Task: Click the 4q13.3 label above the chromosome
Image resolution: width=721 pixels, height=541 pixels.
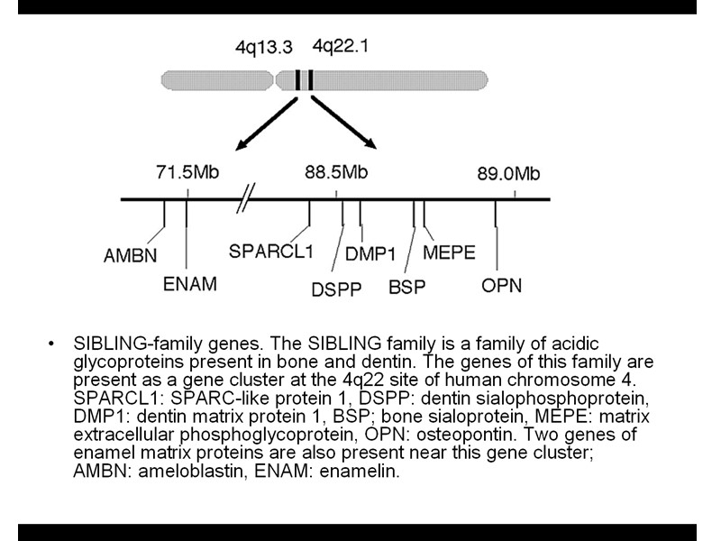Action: (x=263, y=45)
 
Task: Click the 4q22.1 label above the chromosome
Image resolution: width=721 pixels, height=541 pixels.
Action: (x=340, y=45)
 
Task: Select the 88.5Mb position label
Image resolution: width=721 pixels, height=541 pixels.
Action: (x=336, y=173)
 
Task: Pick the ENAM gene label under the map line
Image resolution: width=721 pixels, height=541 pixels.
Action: (x=190, y=285)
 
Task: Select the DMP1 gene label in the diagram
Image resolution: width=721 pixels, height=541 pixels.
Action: (x=370, y=255)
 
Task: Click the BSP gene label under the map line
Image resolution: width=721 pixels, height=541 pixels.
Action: (x=406, y=288)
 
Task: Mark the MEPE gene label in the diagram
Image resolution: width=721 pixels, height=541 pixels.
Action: (x=449, y=253)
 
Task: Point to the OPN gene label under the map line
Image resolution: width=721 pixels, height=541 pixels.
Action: (x=501, y=287)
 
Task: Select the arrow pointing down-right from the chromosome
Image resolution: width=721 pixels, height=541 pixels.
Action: (x=344, y=124)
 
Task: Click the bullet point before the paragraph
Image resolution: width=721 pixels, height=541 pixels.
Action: (x=54, y=344)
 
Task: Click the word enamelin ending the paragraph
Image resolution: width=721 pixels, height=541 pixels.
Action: (x=364, y=472)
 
